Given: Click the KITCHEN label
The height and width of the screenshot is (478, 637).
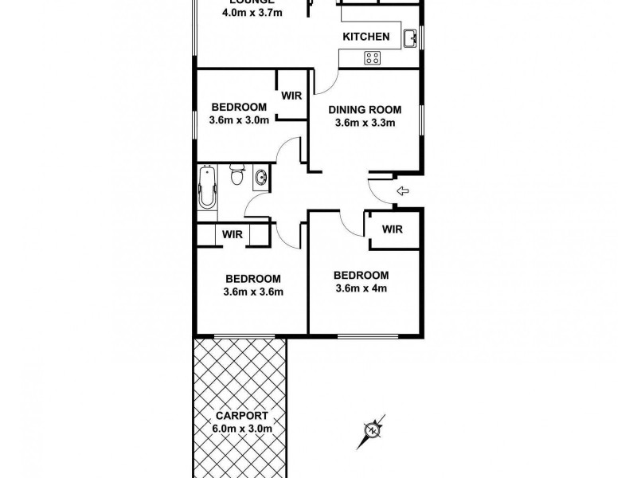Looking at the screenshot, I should pos(365,37).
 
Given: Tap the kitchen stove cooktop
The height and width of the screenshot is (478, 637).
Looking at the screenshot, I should pos(373,57).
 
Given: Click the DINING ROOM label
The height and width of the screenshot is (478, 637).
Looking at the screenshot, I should pos(365,110).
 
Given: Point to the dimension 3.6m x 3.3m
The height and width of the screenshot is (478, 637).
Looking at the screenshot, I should pos(365,123).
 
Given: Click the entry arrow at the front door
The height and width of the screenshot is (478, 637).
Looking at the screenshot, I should pos(402,191).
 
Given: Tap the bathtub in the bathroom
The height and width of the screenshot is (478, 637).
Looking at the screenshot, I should pos(206,191).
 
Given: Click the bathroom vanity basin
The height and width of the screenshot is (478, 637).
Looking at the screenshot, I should pos(261,179).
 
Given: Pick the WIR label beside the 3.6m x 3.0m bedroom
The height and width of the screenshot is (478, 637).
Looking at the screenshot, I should pos(291,96).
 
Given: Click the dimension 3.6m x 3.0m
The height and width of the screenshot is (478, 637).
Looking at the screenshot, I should pos(238,121).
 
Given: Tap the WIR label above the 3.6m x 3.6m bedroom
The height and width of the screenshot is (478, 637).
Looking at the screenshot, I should pos(232,235).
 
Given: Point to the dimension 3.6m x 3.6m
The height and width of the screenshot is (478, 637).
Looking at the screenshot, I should pos(253,292).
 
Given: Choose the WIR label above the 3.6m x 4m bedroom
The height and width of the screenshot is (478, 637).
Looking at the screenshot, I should pos(392,229).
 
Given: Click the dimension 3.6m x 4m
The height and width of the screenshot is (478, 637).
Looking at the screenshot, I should pos(361,288).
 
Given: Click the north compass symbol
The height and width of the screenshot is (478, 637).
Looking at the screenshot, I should pos(371,431).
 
